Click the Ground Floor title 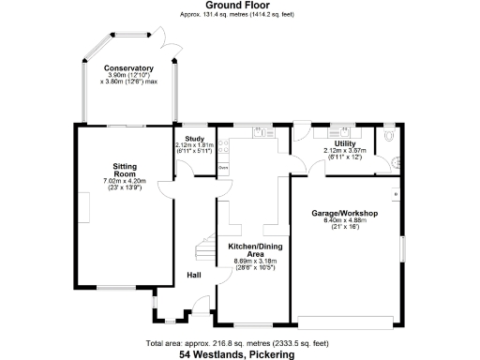pos(239,5)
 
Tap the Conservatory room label pos(127,68)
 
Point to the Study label pos(194,139)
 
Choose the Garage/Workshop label pos(344,214)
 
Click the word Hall pos(194,275)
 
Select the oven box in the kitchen pos(223,168)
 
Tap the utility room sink pos(305,134)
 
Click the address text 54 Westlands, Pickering pos(239,354)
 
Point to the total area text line pos(239,343)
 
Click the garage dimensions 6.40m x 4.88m pos(344,220)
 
